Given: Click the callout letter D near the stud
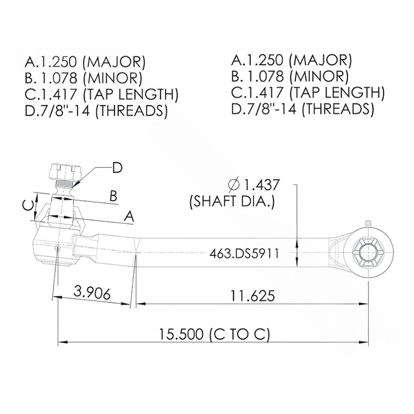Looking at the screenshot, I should pyautogui.click(x=117, y=168).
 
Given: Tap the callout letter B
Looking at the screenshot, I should pyautogui.click(x=114, y=196).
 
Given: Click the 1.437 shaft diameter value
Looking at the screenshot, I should pyautogui.click(x=261, y=185).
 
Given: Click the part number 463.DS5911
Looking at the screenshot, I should pyautogui.click(x=244, y=253).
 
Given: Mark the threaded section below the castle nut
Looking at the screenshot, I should pyautogui.click(x=63, y=185).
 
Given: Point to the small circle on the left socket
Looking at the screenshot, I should pyautogui.click(x=57, y=248).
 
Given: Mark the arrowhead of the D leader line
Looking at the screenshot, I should pyautogui.click(x=75, y=185).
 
